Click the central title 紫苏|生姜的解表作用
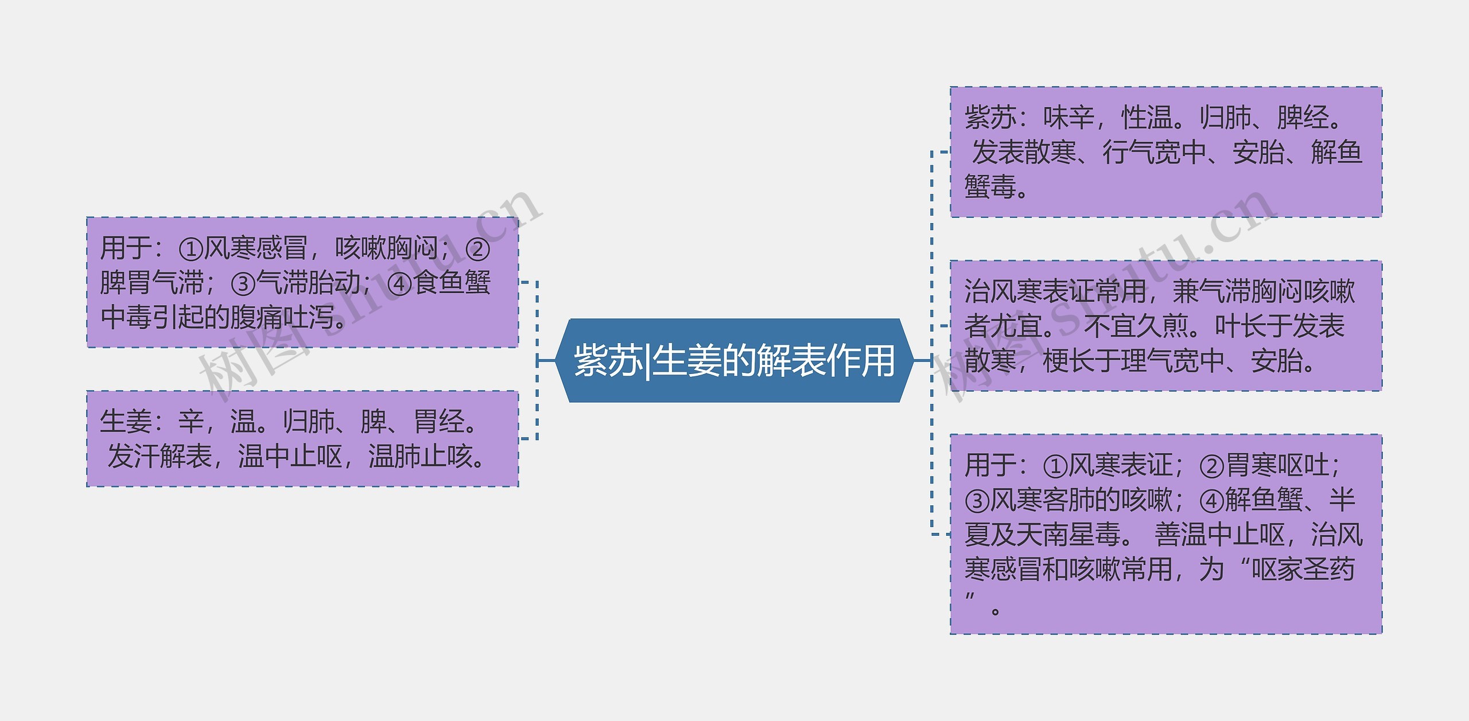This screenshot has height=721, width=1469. click(734, 361)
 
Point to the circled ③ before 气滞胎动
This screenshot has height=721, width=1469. click(242, 283)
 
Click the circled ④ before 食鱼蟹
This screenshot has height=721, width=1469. click(399, 283)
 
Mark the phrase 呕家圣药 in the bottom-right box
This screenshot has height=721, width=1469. click(1303, 569)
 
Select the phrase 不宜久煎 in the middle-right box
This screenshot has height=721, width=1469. click(1135, 326)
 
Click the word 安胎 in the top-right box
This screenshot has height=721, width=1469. click(1258, 153)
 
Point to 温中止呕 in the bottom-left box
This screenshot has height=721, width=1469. click(290, 457)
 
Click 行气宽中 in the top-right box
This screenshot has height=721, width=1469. click(1154, 153)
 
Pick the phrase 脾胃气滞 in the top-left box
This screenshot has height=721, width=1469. click(152, 283)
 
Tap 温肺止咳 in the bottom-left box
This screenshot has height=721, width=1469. click(421, 457)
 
